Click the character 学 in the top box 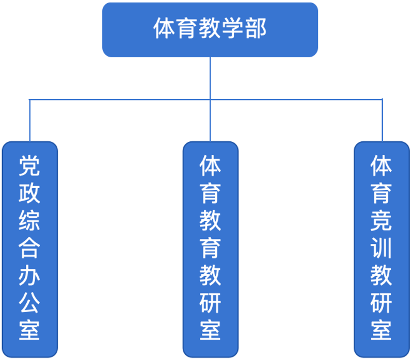(x=233, y=28)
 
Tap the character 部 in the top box (x=256, y=28)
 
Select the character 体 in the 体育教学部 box (x=164, y=28)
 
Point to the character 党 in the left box (x=29, y=166)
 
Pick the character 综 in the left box (x=29, y=221)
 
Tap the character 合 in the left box (x=29, y=248)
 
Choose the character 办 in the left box (x=29, y=275)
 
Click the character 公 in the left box (x=29, y=303)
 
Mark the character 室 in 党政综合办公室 (x=29, y=330)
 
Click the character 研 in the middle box (x=210, y=303)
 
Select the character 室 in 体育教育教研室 (x=210, y=330)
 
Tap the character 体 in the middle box (x=210, y=166)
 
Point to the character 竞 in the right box (x=381, y=221)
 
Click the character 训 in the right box (x=381, y=248)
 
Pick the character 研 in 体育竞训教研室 (x=381, y=303)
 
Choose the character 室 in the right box (x=381, y=330)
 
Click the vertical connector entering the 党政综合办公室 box (x=30, y=121)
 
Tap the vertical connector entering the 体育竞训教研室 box (x=382, y=121)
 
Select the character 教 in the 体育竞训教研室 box (x=381, y=275)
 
